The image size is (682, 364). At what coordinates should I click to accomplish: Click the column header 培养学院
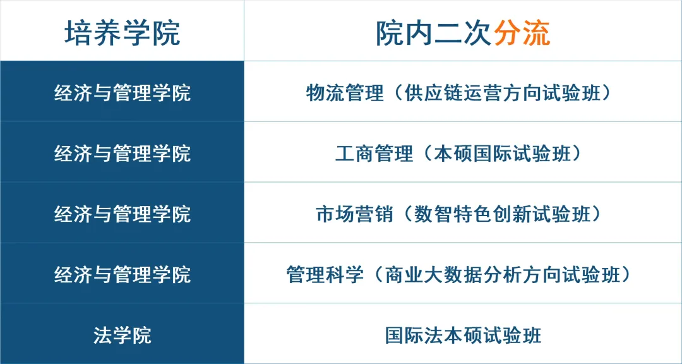pos(123,33)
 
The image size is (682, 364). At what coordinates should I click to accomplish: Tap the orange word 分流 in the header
pos(522,33)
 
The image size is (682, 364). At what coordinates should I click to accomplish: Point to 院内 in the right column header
pos(405,33)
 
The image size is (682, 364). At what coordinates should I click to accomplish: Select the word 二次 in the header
pos(464,33)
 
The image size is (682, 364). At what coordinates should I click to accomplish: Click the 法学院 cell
pos(123,336)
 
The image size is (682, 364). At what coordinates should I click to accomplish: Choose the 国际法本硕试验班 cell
pos(464,336)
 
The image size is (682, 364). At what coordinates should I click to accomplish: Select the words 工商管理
pos(374,154)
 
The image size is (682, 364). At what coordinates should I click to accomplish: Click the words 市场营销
pos(354,214)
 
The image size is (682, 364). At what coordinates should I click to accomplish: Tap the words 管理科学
pos(325,275)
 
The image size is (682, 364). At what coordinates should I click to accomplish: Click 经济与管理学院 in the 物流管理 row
pos(123,93)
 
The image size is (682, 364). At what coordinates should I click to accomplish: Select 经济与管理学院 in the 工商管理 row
pos(123,154)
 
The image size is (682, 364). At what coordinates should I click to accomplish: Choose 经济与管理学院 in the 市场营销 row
pos(123,214)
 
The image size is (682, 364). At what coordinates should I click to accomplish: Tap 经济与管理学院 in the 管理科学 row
pos(123,275)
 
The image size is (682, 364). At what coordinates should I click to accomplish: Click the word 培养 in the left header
pos(93,33)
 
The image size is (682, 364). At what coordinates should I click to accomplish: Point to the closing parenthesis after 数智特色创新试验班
pos(597,214)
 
